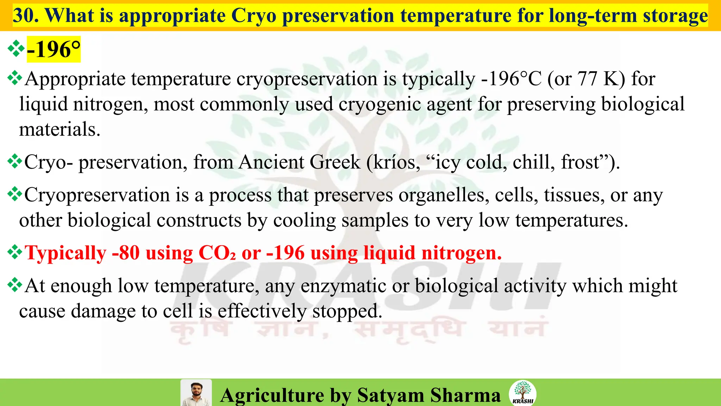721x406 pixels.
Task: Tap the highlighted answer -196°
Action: pyautogui.click(x=54, y=49)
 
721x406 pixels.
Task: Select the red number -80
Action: pyautogui.click(x=126, y=253)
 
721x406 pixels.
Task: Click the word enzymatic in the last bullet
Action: pyautogui.click(x=343, y=285)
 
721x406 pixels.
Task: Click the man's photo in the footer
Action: pyautogui.click(x=196, y=393)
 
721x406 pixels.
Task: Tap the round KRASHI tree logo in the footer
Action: pyautogui.click(x=523, y=393)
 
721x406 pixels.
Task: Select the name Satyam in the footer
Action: pyautogui.click(x=390, y=395)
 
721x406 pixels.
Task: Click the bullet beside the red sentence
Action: pyautogui.click(x=15, y=252)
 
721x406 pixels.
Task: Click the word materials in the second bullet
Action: pyautogui.click(x=59, y=129)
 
